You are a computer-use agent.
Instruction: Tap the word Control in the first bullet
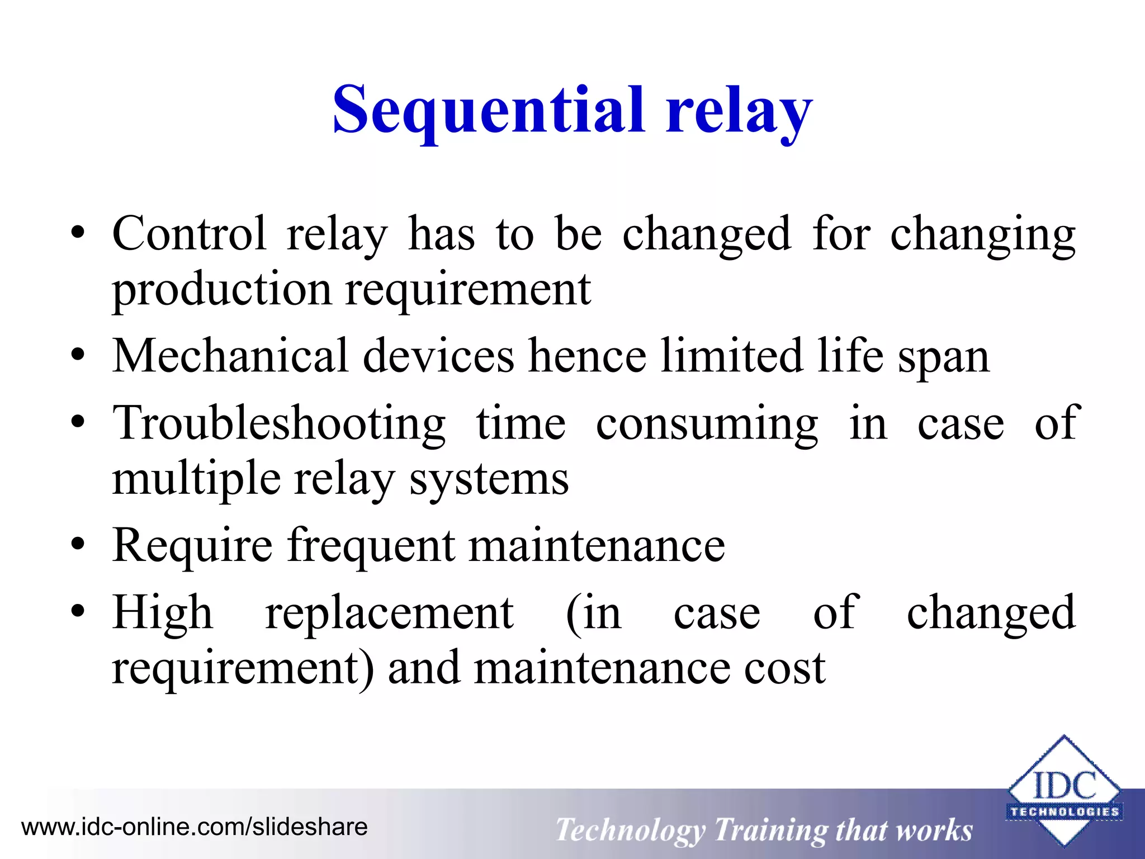pyautogui.click(x=189, y=234)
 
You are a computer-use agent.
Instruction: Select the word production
pyautogui.click(x=222, y=291)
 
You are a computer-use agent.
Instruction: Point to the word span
pyautogui.click(x=943, y=358)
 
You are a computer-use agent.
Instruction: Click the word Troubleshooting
pyautogui.click(x=279, y=424)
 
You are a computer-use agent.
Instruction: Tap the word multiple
pyautogui.click(x=196, y=480)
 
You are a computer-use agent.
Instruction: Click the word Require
pyautogui.click(x=192, y=546)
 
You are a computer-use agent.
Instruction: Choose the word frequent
pyautogui.click(x=371, y=546)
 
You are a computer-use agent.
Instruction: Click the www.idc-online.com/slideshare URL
pyautogui.click(x=194, y=827)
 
